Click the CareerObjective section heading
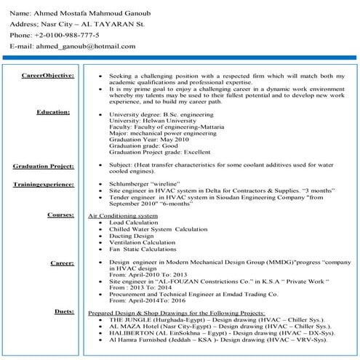click(x=47, y=75)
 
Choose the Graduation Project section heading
click(x=44, y=167)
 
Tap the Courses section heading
click(x=60, y=215)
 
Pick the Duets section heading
click(x=64, y=311)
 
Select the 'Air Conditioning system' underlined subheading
click(x=122, y=216)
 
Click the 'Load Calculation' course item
click(x=132, y=223)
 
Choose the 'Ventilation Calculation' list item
click(x=140, y=242)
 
